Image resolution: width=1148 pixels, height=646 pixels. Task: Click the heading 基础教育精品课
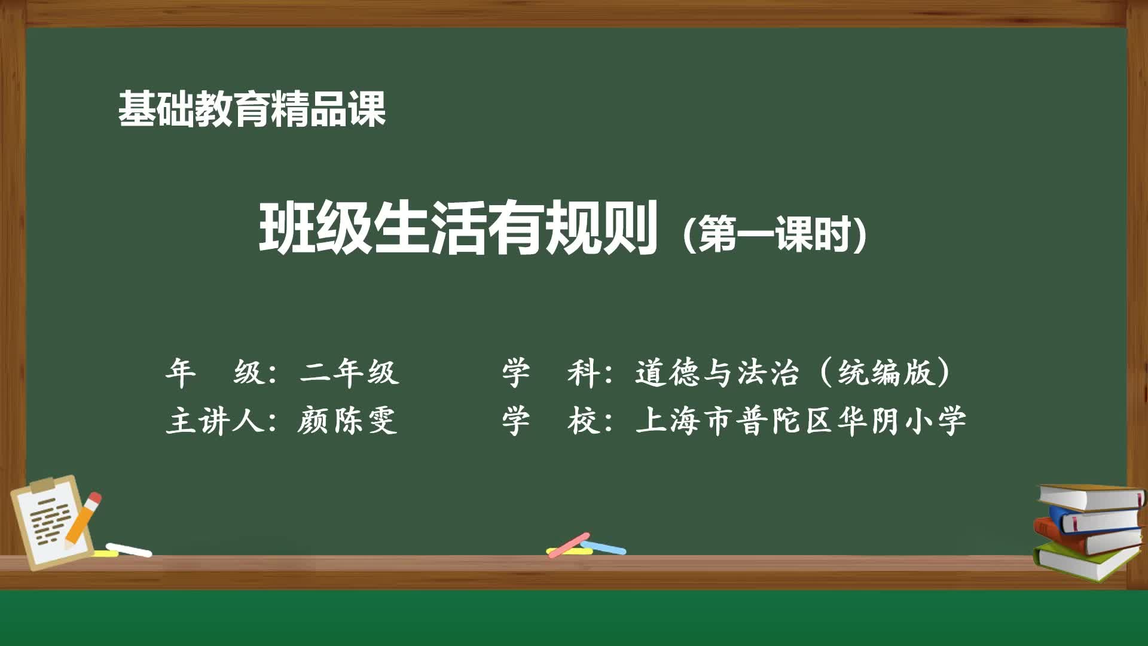251,109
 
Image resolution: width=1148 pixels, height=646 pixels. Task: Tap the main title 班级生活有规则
458,228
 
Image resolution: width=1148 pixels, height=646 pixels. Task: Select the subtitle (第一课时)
774,234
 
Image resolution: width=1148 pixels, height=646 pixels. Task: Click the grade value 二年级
349,372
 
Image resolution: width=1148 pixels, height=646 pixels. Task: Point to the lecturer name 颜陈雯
347,420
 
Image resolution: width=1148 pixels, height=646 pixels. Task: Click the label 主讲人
215,420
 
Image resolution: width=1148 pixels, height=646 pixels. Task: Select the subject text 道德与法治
716,372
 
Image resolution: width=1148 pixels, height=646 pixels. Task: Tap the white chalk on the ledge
129,550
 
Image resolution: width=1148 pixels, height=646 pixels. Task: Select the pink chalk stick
569,545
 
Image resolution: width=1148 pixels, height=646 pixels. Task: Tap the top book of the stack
1091,496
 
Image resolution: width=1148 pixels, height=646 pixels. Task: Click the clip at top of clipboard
43,484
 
